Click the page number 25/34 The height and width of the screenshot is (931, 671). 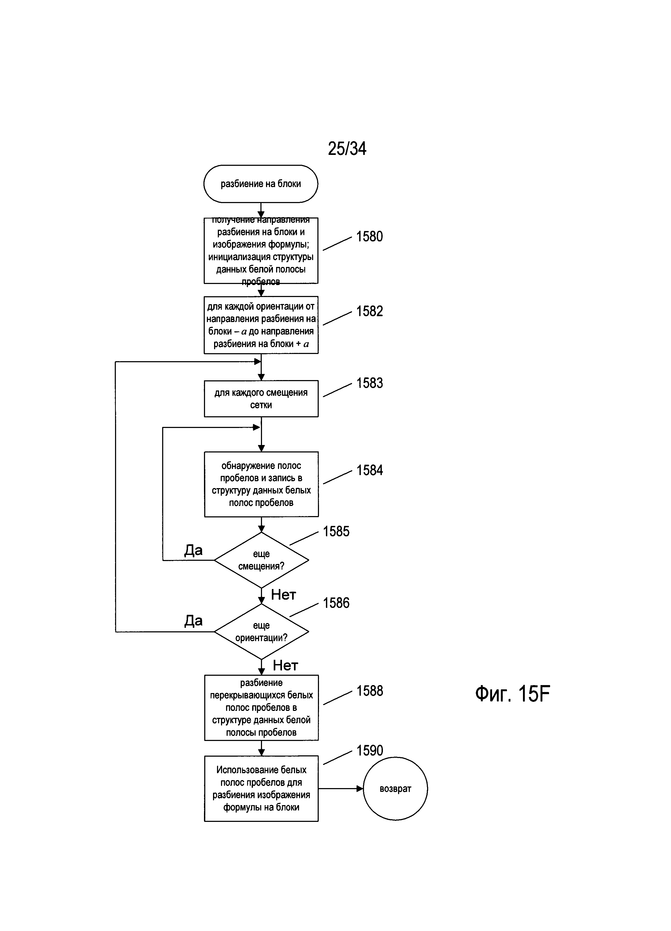click(x=347, y=149)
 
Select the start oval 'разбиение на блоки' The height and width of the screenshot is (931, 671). click(x=261, y=184)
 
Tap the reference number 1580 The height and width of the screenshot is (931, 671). click(x=369, y=237)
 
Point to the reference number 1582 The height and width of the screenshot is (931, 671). click(x=369, y=312)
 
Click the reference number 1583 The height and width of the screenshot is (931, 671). click(x=369, y=384)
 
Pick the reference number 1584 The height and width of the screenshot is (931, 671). click(x=369, y=471)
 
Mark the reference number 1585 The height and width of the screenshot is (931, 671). click(x=336, y=532)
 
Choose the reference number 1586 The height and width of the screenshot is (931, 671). click(x=336, y=603)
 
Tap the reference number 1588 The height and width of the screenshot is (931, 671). click(x=369, y=691)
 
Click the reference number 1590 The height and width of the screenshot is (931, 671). click(x=369, y=750)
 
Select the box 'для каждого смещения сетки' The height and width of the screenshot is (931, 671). click(x=261, y=399)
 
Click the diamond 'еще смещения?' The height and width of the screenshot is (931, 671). click(x=261, y=560)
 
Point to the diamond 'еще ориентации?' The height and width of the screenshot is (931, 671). click(x=261, y=631)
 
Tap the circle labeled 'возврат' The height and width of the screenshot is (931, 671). click(x=395, y=789)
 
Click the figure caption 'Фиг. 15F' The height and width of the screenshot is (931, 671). click(x=512, y=694)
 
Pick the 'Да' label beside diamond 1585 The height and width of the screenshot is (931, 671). click(x=193, y=550)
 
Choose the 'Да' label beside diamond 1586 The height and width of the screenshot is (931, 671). click(x=193, y=621)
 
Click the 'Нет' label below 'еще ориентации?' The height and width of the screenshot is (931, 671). click(x=285, y=665)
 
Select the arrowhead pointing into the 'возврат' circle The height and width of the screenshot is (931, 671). click(x=360, y=789)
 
